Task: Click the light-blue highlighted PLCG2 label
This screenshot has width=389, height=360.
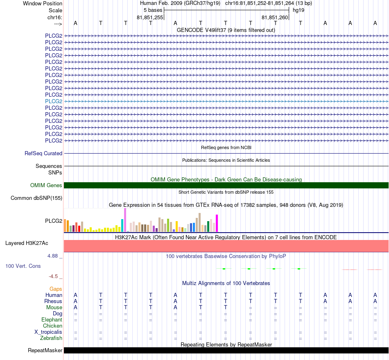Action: pyautogui.click(x=54, y=101)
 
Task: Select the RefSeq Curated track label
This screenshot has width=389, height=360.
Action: pyautogui.click(x=43, y=153)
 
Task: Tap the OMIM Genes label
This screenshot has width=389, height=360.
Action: pyautogui.click(x=46, y=186)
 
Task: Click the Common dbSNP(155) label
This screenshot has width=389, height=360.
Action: pyautogui.click(x=36, y=198)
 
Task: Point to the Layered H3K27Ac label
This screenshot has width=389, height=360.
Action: pyautogui.click(x=27, y=243)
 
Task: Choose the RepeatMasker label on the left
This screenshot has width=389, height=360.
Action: pyautogui.click(x=45, y=350)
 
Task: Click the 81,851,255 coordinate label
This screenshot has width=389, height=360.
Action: pyautogui.click(x=150, y=17)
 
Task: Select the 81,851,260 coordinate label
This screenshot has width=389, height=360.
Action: pyautogui.click(x=275, y=17)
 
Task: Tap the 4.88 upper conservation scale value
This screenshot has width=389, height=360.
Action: pyautogui.click(x=52, y=256)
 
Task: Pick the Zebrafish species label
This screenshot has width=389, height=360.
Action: pyautogui.click(x=51, y=338)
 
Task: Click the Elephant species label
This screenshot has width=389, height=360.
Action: pyautogui.click(x=52, y=319)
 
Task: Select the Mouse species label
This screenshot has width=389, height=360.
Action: pyautogui.click(x=54, y=308)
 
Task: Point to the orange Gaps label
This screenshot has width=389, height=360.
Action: pyautogui.click(x=56, y=289)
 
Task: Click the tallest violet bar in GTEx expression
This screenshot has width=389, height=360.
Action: pyautogui.click(x=125, y=220)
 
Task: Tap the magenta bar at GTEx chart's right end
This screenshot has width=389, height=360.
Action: pyautogui.click(x=217, y=223)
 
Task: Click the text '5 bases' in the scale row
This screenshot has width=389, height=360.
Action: pyautogui.click(x=153, y=10)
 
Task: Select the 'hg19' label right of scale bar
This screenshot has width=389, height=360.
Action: pyautogui.click(x=299, y=10)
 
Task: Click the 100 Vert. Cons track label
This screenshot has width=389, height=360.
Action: pyautogui.click(x=23, y=266)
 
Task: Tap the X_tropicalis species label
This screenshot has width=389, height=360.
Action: pyautogui.click(x=48, y=332)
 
